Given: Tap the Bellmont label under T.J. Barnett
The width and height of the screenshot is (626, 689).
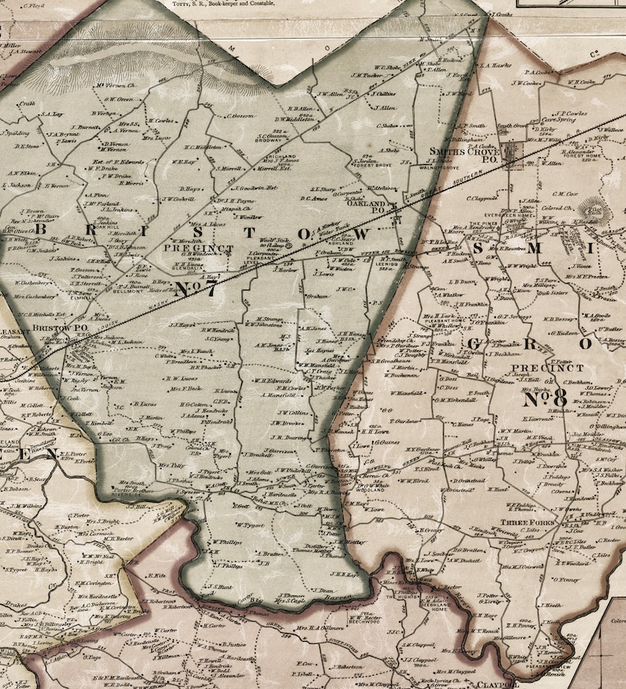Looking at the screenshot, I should tap(129, 290).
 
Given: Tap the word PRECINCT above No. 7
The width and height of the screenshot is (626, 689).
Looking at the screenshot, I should tap(188, 247).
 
